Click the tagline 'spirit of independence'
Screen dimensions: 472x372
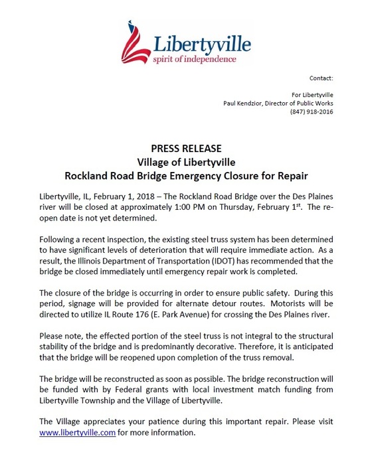[195, 58]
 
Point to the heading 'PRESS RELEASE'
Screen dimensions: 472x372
[186, 148]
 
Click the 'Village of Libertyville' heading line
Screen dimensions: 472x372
[186, 161]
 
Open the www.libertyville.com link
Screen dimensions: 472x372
[77, 433]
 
